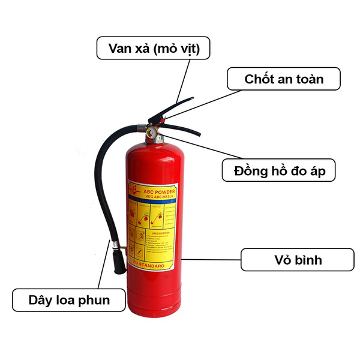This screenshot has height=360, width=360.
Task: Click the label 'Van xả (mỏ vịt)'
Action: pyautogui.click(x=153, y=48)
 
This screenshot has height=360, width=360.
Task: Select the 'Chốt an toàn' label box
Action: pyautogui.click(x=284, y=79)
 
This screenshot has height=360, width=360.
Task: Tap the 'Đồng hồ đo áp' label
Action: pyautogui.click(x=278, y=170)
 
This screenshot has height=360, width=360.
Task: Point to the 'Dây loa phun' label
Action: pyautogui.click(x=69, y=299)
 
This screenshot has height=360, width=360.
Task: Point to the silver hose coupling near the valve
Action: pyautogui.click(x=140, y=127)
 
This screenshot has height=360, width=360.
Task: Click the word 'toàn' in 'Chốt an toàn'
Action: pyautogui.click(x=309, y=79)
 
